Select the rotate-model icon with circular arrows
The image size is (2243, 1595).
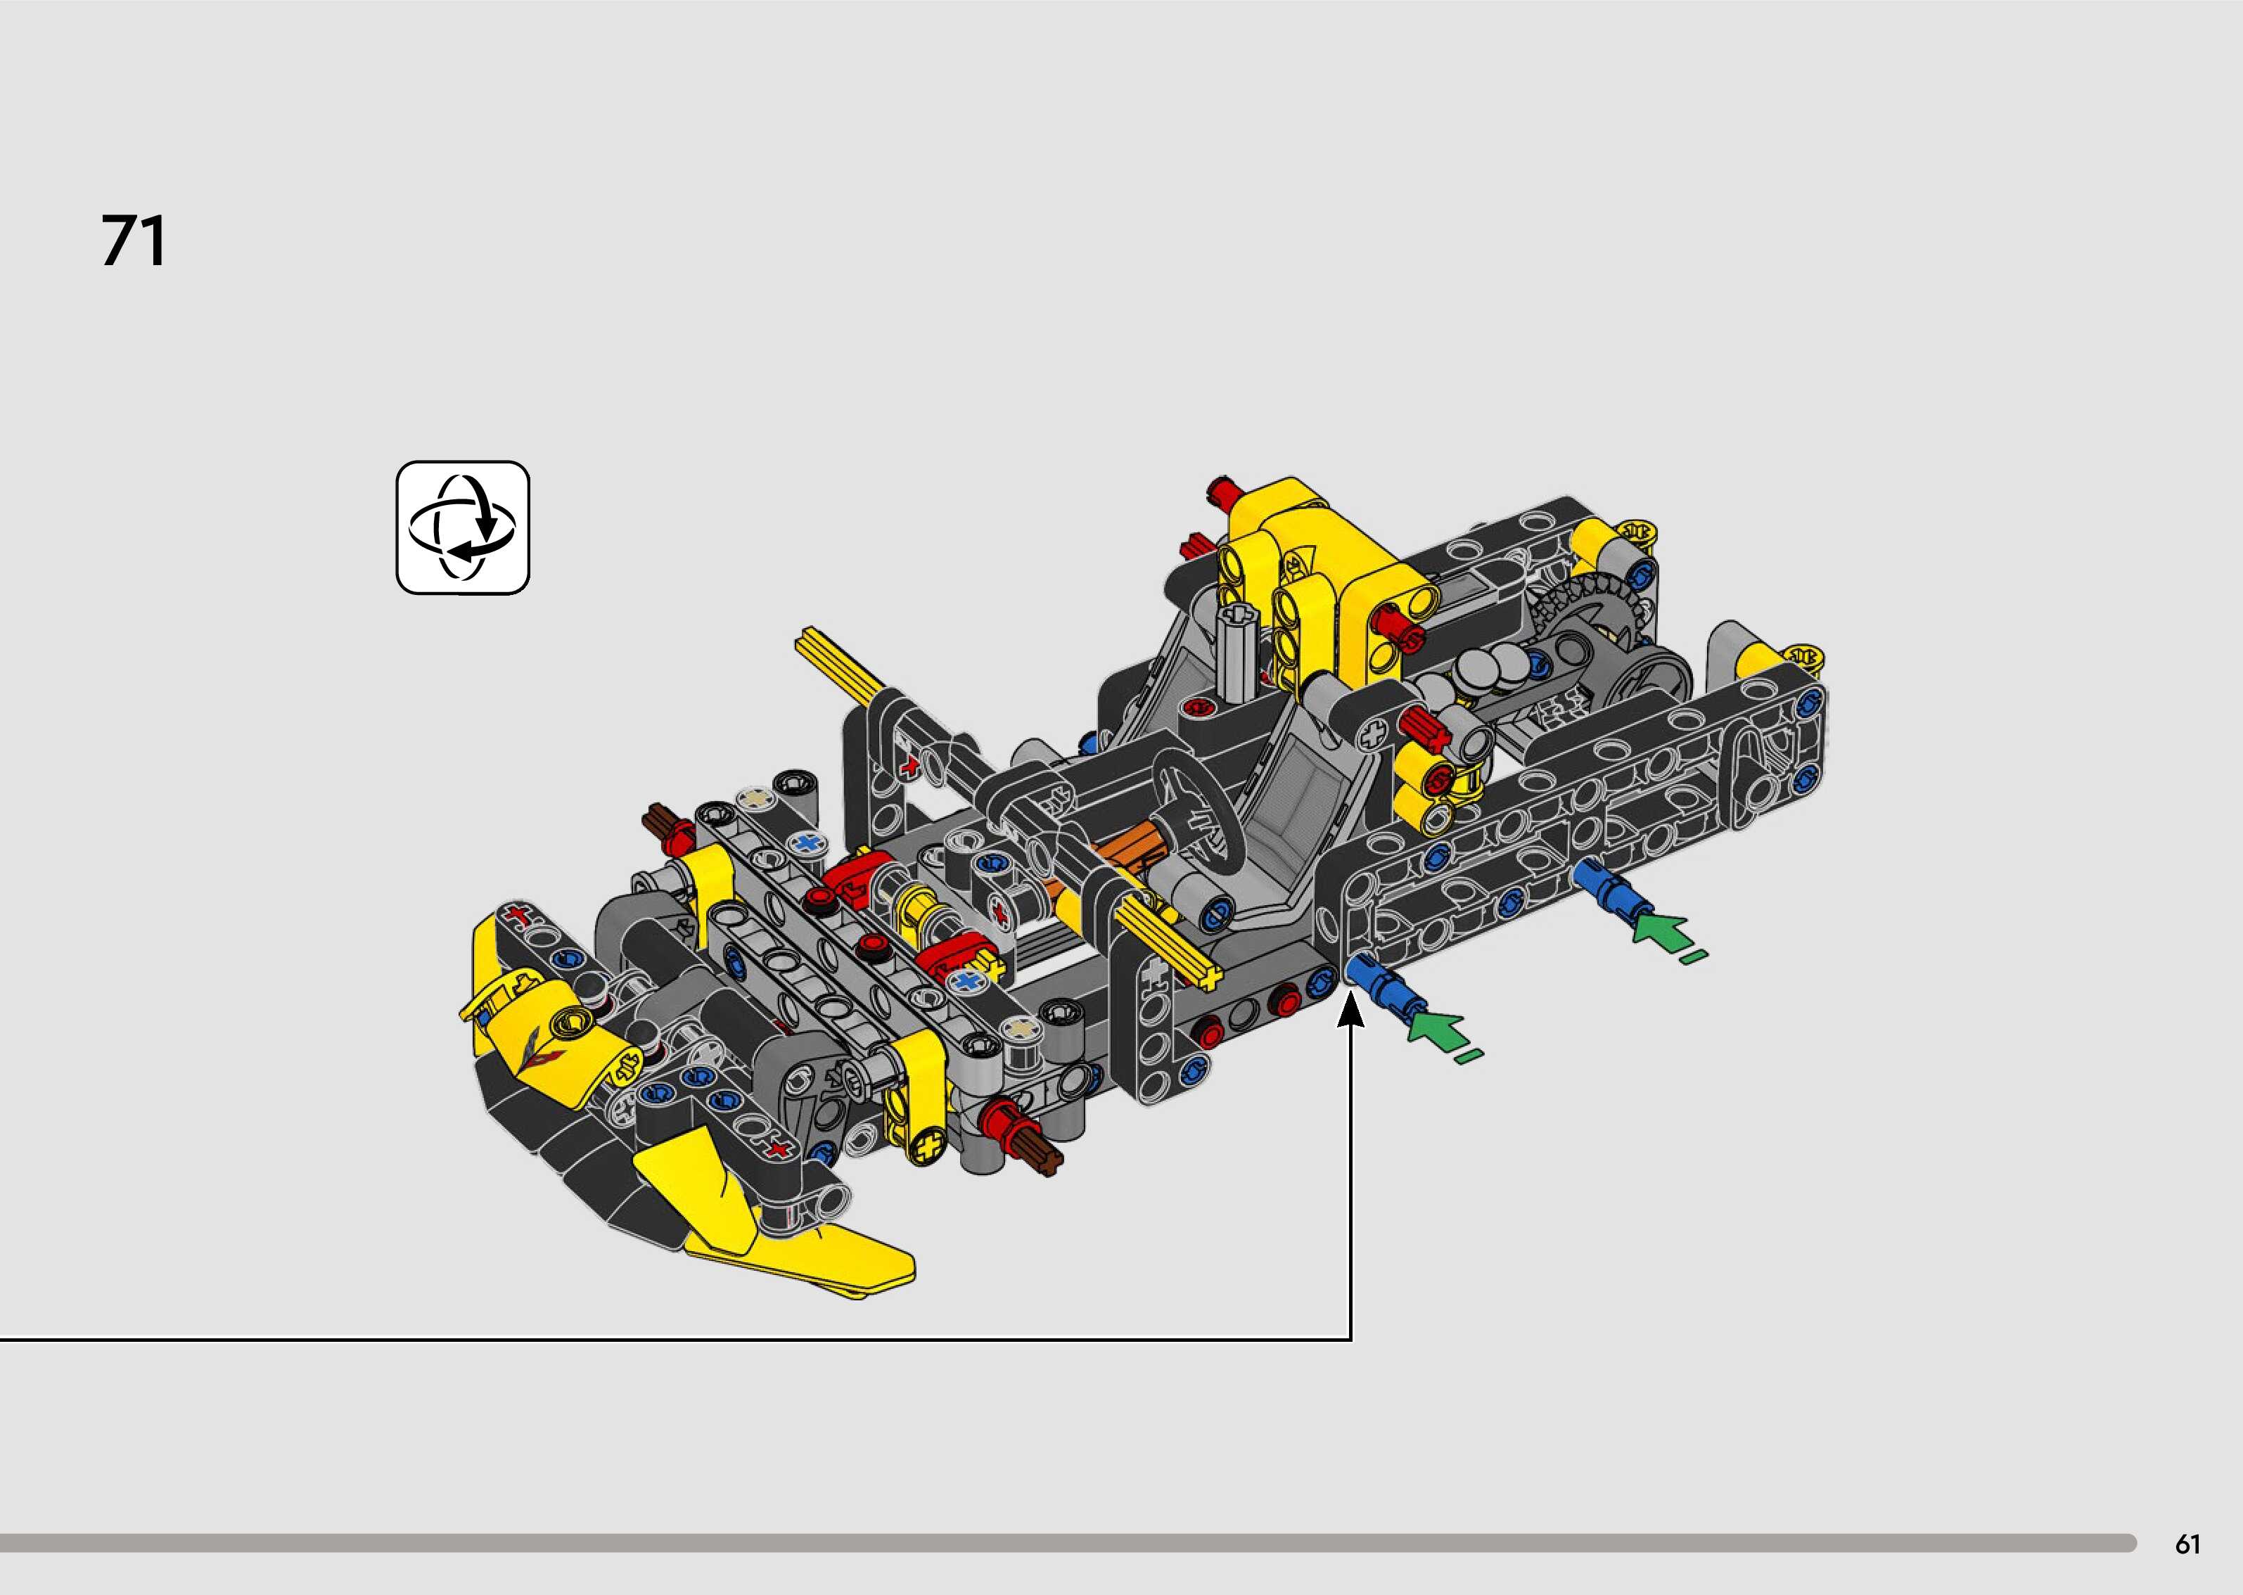pyautogui.click(x=463, y=527)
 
